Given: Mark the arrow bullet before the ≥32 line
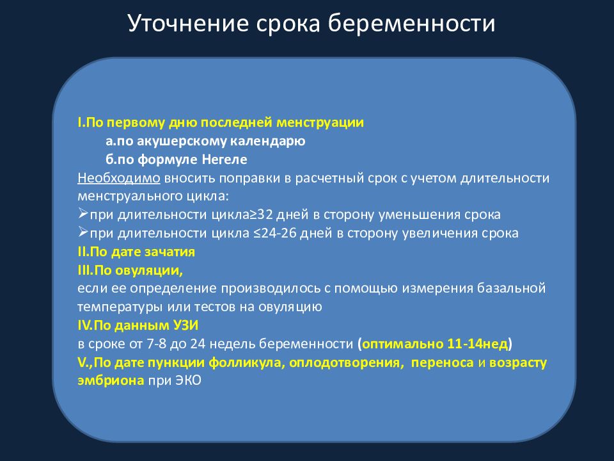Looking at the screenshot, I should click(x=83, y=214).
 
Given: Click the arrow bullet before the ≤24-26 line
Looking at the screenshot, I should click(x=83, y=232).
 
